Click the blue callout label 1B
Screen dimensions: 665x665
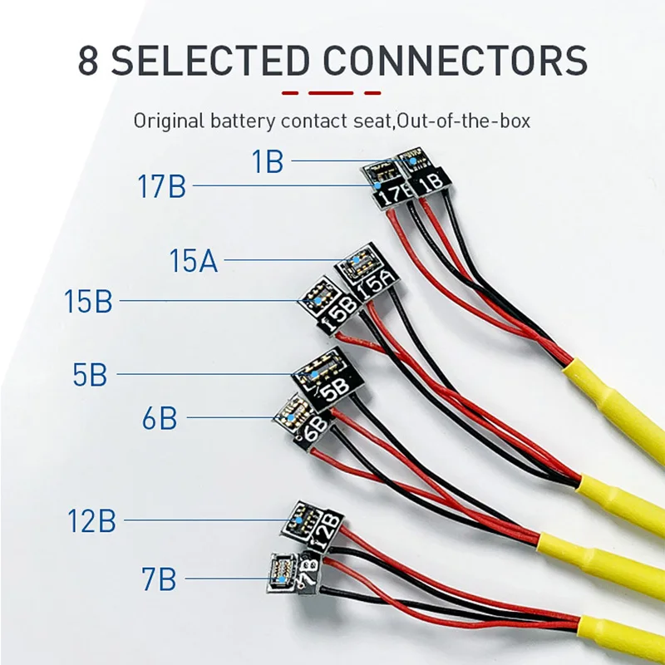point(268,160)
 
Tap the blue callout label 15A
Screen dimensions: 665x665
point(193,260)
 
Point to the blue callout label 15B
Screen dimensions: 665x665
point(88,301)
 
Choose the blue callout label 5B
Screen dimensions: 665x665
point(89,375)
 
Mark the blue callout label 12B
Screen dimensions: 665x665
point(91,521)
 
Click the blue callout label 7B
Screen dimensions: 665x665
point(159,579)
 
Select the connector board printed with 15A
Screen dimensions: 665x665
point(366,273)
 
